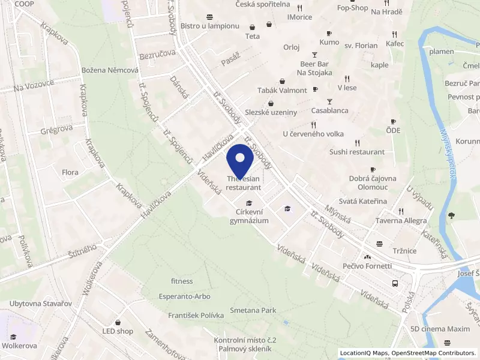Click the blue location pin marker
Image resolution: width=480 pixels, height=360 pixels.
point(241,159)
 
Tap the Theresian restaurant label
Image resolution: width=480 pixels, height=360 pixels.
point(244,183)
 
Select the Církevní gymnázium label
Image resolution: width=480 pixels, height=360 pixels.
point(249,216)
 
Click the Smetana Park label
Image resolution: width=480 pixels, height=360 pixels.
point(253,311)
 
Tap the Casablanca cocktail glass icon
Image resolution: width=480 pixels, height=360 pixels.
point(329,101)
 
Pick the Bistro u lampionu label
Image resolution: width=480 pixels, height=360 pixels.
point(209,26)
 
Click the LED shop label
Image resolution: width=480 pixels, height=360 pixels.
point(117,331)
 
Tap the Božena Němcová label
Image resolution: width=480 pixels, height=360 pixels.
point(110,70)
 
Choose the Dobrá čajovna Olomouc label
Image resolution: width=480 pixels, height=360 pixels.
point(373,182)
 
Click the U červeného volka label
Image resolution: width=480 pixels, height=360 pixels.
point(314,134)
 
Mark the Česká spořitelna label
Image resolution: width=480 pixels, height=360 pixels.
point(263,4)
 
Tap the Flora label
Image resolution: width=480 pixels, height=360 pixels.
point(70,173)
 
